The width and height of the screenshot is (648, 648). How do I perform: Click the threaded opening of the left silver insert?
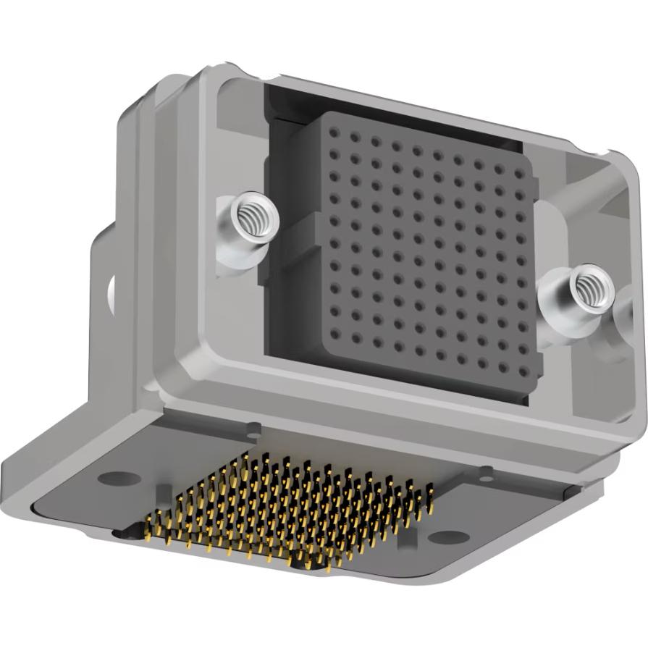coord(250,214)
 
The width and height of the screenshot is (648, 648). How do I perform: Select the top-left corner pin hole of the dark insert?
coord(334,133)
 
